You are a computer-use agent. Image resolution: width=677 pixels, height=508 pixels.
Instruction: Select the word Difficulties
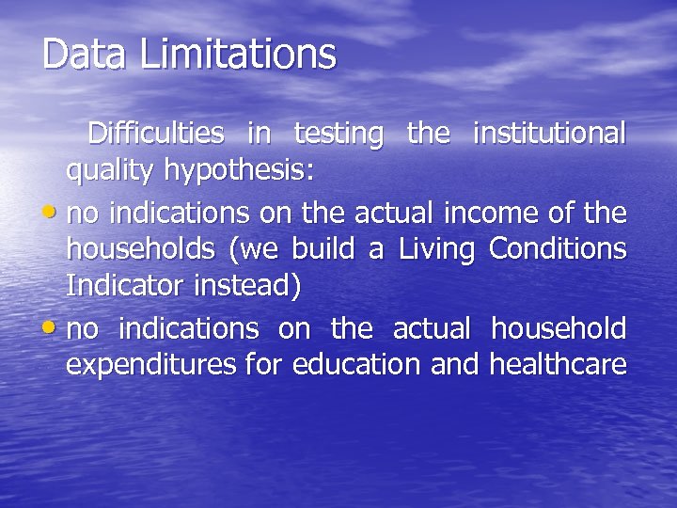(x=156, y=135)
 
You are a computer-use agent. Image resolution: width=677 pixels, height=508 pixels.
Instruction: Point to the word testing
(x=338, y=135)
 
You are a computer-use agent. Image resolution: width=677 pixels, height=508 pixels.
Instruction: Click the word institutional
(x=550, y=135)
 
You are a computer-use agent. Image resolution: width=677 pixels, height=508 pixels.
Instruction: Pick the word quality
(x=110, y=172)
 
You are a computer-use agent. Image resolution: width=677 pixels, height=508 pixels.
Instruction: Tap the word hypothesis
(x=239, y=172)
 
